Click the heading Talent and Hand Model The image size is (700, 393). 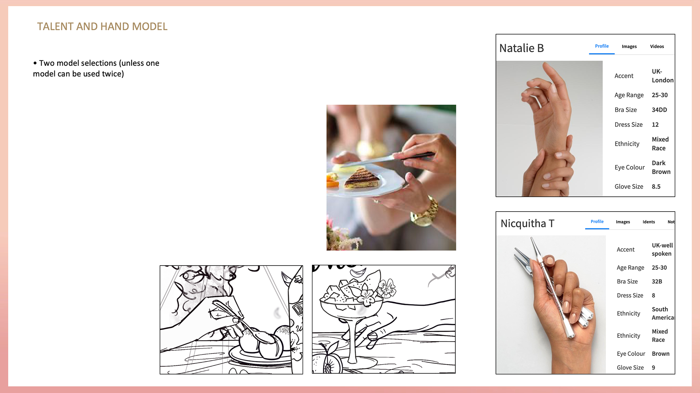[x=102, y=27]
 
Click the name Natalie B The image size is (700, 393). [x=521, y=48]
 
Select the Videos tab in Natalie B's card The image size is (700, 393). [x=657, y=47]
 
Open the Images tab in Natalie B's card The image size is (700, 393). [x=629, y=47]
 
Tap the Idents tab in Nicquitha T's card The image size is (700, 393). [x=649, y=222]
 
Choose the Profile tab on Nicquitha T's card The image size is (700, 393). [x=597, y=221]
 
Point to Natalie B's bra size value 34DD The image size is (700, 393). [x=659, y=110]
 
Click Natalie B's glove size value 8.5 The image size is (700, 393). [x=656, y=186]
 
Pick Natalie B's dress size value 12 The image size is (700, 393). [x=655, y=125]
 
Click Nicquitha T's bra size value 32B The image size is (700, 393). [x=657, y=282]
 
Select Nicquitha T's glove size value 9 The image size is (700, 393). [x=653, y=368]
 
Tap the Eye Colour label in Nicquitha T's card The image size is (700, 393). [x=631, y=354]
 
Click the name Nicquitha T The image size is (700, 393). [x=527, y=223]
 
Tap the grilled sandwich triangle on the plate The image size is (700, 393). [x=362, y=178]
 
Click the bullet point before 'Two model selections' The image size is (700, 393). [x=35, y=63]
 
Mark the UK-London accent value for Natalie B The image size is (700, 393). [x=662, y=76]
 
